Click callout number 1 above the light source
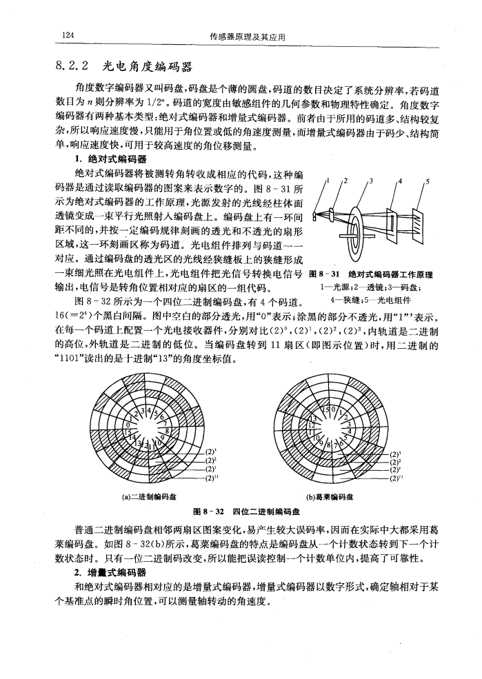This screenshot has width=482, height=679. pyautogui.click(x=327, y=182)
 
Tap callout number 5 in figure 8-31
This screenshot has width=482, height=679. pyautogui.click(x=428, y=183)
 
